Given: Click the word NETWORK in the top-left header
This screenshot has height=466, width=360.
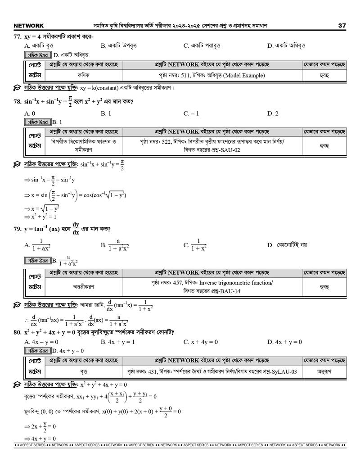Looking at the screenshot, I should click(x=29, y=26).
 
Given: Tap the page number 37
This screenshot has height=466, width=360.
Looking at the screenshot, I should click(x=342, y=26).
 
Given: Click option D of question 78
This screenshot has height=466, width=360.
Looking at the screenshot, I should click(x=273, y=113).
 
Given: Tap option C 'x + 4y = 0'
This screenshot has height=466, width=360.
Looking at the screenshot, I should click(x=201, y=342).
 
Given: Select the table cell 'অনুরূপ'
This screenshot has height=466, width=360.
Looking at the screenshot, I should click(x=324, y=372).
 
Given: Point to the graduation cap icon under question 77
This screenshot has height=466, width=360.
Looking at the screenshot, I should click(x=17, y=87).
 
